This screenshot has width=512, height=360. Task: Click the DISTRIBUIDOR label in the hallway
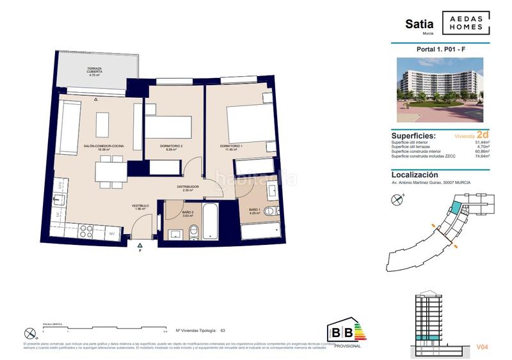(188, 188)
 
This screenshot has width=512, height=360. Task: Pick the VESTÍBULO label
(140, 207)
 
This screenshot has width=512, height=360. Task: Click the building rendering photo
(440, 91)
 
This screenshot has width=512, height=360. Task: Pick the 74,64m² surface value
(481, 155)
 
